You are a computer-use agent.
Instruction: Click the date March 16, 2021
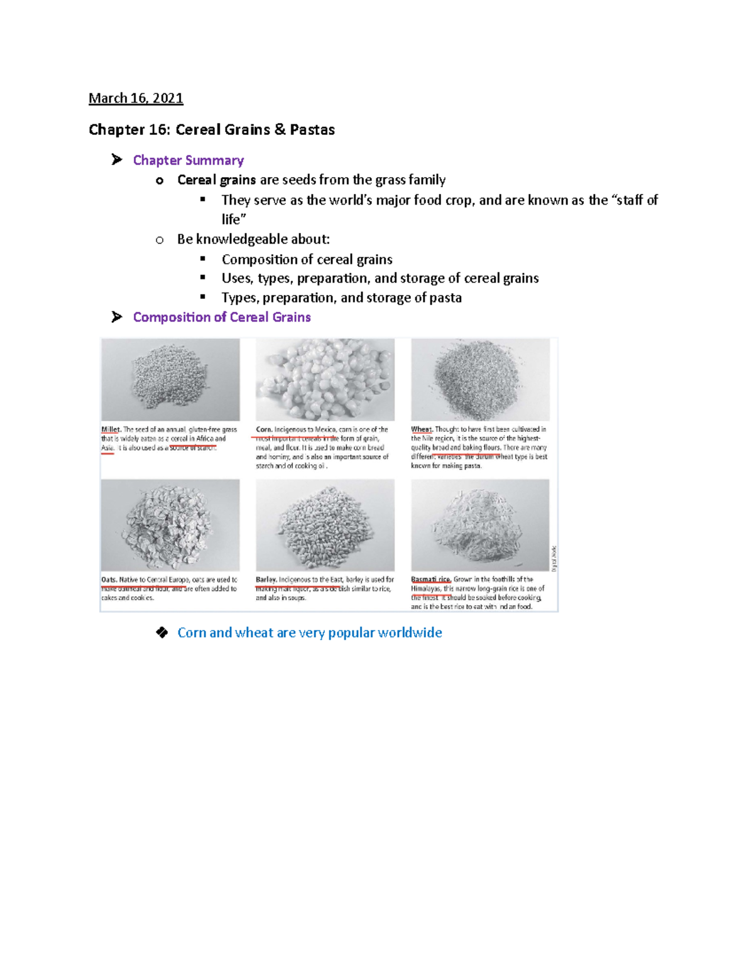click(136, 98)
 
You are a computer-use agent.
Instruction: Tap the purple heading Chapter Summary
click(188, 160)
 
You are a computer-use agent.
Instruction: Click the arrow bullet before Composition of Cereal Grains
click(117, 317)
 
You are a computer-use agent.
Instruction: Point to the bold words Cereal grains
click(216, 180)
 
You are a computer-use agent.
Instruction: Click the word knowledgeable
click(242, 239)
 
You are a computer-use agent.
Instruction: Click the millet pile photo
click(170, 379)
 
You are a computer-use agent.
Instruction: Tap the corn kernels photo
click(325, 379)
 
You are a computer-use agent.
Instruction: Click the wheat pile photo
click(480, 379)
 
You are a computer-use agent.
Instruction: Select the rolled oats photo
click(170, 525)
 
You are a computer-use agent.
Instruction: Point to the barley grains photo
click(325, 525)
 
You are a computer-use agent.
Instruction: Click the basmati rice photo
click(480, 525)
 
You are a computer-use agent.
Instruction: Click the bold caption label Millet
click(111, 429)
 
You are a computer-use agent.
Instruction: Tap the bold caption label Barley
click(266, 579)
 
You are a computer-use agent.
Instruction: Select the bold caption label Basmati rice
click(431, 579)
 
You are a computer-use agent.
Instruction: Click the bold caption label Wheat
click(422, 429)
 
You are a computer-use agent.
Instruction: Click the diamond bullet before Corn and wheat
click(162, 632)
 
